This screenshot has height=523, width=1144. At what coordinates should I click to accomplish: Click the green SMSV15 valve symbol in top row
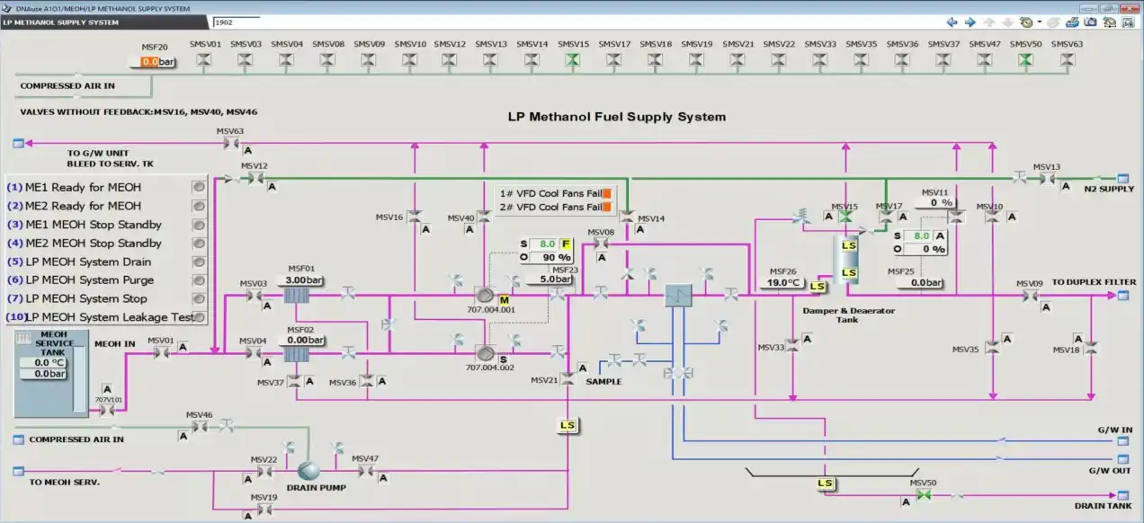point(572,60)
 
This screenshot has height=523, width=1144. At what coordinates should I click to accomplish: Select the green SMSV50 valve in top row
point(1025,60)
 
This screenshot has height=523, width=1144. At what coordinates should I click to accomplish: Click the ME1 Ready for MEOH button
point(199,187)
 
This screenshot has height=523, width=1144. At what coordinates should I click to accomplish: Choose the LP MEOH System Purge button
point(199,280)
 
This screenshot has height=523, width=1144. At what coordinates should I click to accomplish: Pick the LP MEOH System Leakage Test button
point(199,317)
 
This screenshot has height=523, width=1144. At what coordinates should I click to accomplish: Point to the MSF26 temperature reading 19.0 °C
point(782,282)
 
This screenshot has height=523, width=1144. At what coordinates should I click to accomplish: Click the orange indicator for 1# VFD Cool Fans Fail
point(607,193)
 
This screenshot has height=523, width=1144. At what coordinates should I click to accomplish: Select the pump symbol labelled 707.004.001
point(486,296)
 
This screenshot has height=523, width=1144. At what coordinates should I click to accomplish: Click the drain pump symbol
point(310,470)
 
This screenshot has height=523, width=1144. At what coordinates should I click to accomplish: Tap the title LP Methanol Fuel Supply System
point(616,117)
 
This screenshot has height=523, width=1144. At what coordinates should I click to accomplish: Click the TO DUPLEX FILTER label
point(1094,282)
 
